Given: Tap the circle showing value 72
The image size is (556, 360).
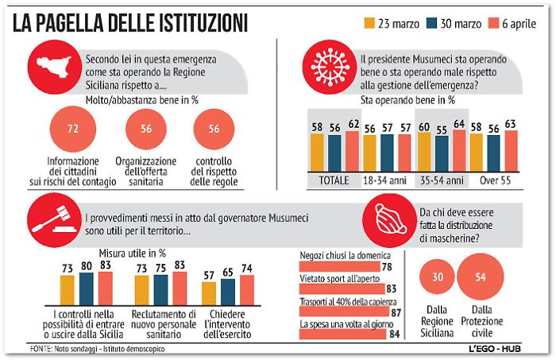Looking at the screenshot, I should coord(74,129).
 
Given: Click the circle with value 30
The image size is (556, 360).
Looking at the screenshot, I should coord(437,277).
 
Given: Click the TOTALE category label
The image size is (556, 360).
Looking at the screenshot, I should coord(334,180).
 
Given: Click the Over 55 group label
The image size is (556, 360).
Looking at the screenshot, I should coord(493,180).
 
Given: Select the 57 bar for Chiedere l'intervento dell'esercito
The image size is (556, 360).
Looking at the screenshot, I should coord(209,296).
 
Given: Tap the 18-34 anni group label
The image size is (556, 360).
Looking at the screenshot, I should coord(387,180).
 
